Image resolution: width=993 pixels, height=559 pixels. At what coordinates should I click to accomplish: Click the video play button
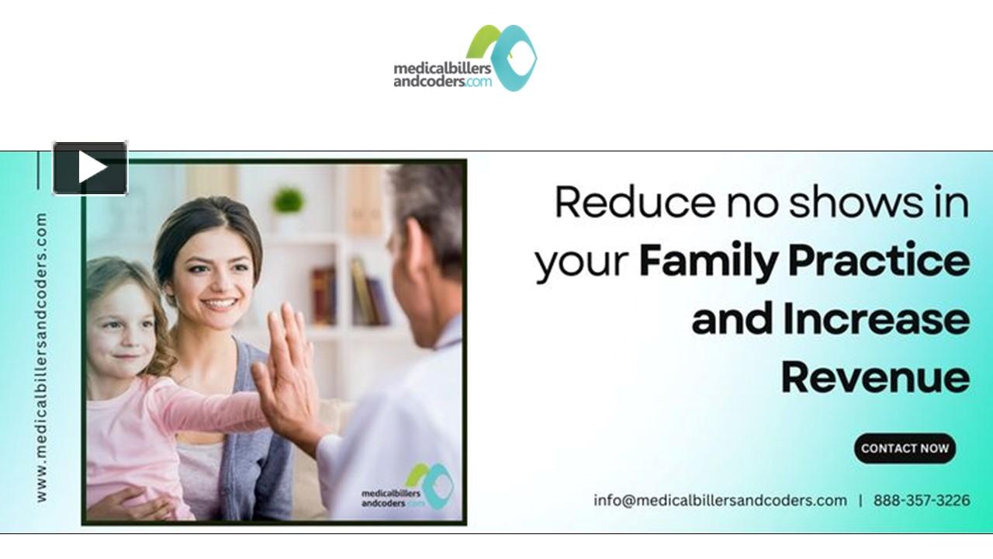(90, 168)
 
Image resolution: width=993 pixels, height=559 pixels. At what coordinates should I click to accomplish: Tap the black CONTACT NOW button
(905, 448)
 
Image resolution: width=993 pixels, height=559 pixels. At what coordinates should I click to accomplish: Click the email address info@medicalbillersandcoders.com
(720, 501)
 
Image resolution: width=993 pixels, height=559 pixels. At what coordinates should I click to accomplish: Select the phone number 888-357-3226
(922, 501)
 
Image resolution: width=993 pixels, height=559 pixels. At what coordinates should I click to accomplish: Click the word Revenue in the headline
(875, 378)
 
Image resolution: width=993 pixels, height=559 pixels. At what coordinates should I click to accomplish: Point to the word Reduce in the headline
(635, 203)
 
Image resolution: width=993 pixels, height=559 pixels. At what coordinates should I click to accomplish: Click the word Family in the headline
(708, 262)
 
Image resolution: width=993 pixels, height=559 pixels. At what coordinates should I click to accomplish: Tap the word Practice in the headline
(879, 262)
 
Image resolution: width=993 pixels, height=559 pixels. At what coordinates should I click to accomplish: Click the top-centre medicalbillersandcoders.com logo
(465, 59)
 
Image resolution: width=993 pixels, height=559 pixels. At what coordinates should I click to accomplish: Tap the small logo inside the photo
(408, 488)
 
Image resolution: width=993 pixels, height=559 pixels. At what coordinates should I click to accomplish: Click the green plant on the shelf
(288, 201)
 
